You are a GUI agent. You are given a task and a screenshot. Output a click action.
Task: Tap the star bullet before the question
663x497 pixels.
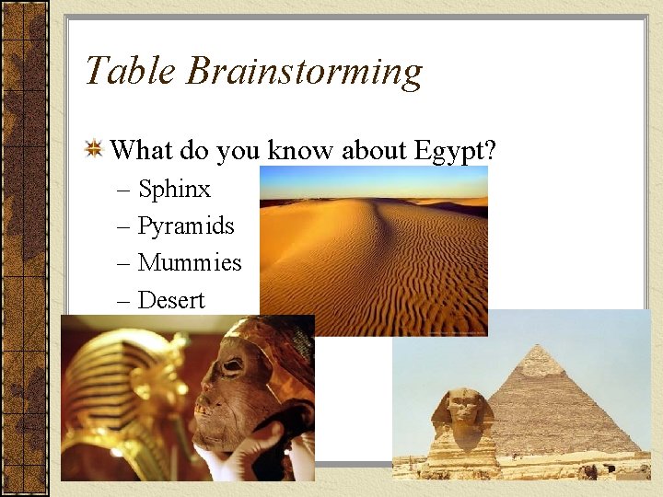pos(94,149)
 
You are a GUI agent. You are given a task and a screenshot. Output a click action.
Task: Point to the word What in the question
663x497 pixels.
pos(142,149)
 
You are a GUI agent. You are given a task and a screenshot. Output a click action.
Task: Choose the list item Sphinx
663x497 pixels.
pos(174,190)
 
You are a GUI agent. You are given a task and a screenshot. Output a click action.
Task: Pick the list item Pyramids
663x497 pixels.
pos(186,226)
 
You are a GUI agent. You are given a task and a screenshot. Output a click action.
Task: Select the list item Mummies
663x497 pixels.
pos(190,262)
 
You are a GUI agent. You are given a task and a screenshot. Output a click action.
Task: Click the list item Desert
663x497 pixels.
pos(171,300)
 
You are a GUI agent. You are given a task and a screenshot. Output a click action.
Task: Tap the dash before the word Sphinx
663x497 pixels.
pos(124,191)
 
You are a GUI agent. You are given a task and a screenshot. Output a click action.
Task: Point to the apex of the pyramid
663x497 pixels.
pos(541,347)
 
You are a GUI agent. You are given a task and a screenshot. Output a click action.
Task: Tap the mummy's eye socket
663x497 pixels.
pos(233,365)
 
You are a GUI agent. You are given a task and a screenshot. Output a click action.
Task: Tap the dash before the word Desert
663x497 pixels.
pos(124,301)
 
